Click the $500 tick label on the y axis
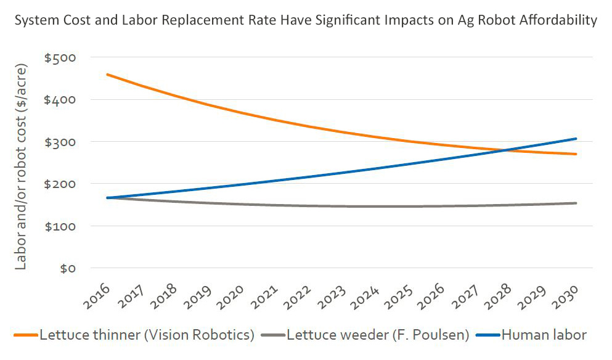pos(60,58)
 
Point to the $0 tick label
pos(67,269)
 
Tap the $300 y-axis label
pos(60,142)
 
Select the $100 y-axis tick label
pos(60,227)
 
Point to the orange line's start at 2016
pos(107,75)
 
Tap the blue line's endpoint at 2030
pos(576,139)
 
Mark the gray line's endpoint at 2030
pos(576,203)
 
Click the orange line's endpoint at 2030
pos(576,154)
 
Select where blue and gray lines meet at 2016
pos(107,198)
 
